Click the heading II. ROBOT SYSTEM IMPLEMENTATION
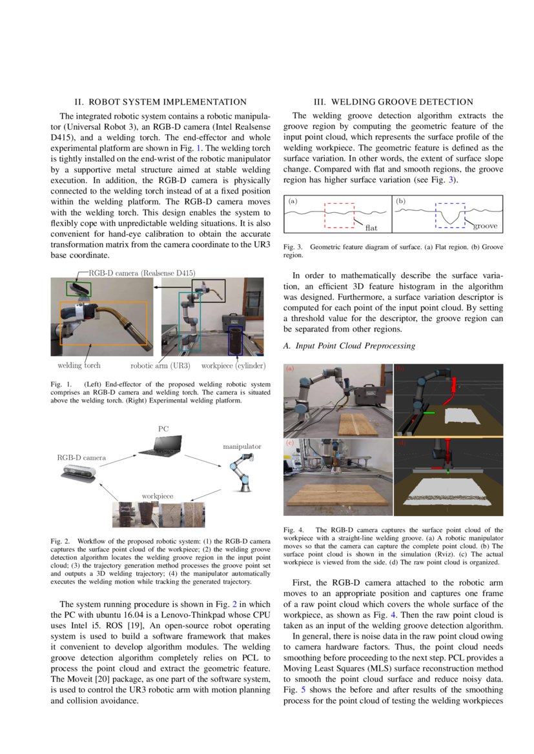pyautogui.click(x=160, y=102)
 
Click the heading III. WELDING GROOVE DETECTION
pyautogui.click(x=393, y=102)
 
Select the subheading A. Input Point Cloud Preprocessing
pyautogui.click(x=349, y=346)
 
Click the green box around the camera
pyautogui.click(x=79, y=288)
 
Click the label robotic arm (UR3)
pyautogui.click(x=160, y=366)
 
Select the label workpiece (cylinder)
pyautogui.click(x=232, y=366)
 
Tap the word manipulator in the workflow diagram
pyautogui.click(x=242, y=446)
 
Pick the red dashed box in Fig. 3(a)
pyautogui.click(x=339, y=215)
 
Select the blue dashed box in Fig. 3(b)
pyautogui.click(x=451, y=215)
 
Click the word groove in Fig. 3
pyautogui.click(x=485, y=226)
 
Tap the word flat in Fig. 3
pyautogui.click(x=371, y=228)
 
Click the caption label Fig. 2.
pyautogui.click(x=61, y=541)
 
